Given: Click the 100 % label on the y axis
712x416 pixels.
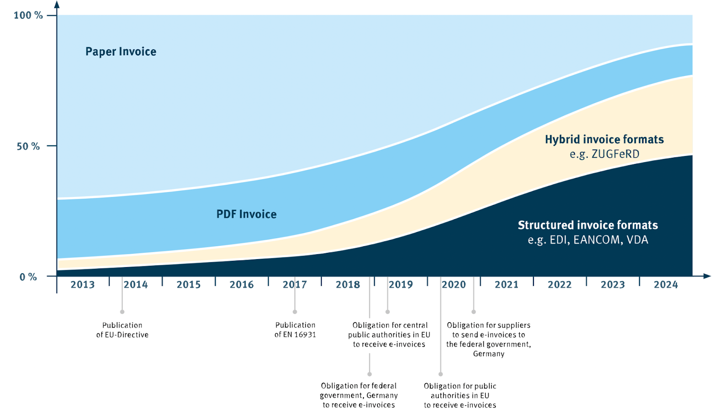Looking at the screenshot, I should [x=28, y=16].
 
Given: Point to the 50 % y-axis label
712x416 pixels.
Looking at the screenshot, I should [x=28, y=146].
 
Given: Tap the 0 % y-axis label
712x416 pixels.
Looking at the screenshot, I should [x=28, y=277].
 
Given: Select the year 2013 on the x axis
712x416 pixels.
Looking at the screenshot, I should [x=83, y=285].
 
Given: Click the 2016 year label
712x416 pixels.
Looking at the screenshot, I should [x=242, y=285].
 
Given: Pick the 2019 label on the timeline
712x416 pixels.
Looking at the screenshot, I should [x=401, y=285].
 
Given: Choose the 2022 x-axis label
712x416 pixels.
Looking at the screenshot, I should [x=560, y=285].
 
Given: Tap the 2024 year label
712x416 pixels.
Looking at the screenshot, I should [x=666, y=285].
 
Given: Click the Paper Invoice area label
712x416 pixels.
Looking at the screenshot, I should [x=121, y=52].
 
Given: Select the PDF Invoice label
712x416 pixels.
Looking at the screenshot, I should [x=247, y=214].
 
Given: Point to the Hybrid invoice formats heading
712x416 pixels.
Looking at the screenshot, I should [x=604, y=140].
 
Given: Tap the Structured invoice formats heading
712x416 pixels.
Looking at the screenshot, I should [x=588, y=225].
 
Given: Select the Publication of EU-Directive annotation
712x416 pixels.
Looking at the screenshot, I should [x=122, y=330].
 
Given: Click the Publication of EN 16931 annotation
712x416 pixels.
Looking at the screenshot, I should [x=295, y=330].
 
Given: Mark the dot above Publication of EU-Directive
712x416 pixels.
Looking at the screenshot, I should [x=122, y=312].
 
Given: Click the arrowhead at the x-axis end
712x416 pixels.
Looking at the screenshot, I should [x=707, y=276].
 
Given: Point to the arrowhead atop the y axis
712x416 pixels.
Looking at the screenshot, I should [x=57, y=4].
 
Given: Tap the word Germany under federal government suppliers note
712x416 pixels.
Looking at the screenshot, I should [x=489, y=354].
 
